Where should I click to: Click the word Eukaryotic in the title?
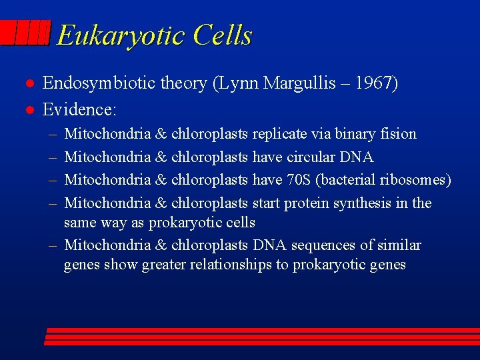click(x=122, y=35)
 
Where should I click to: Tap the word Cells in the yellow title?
click(x=223, y=35)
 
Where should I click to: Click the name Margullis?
click(x=301, y=83)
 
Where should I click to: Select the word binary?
click(x=357, y=134)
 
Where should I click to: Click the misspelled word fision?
click(x=399, y=134)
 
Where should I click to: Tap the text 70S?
click(x=300, y=180)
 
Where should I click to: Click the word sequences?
click(x=317, y=245)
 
